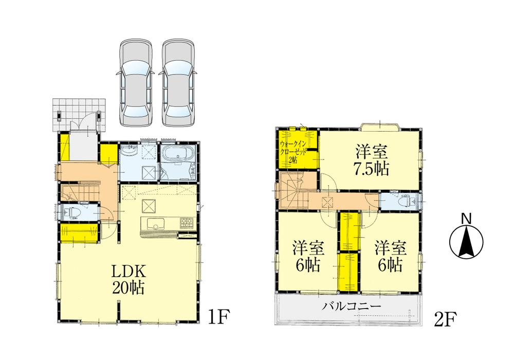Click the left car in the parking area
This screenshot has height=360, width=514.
pyautogui.click(x=136, y=82)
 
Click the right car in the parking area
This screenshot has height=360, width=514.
pyautogui.click(x=178, y=82)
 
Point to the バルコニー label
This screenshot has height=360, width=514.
pyautogui.click(x=352, y=307)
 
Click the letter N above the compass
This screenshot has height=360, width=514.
pyautogui.click(x=466, y=219)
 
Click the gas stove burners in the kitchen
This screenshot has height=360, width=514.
pyautogui.click(x=186, y=223)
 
